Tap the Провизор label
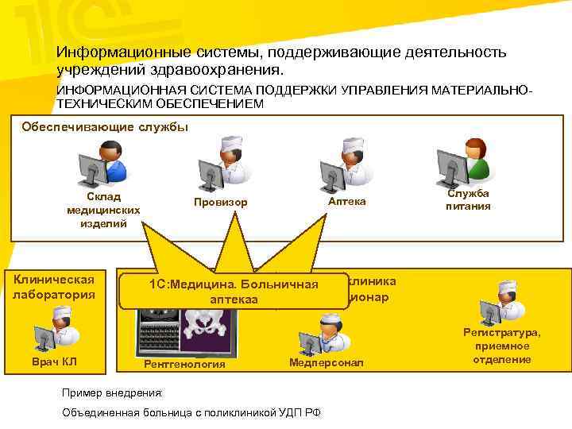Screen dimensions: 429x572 click(x=221, y=203)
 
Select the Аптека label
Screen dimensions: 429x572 click(x=346, y=202)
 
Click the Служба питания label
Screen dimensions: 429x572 click(x=469, y=200)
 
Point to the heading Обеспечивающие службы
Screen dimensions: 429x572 click(x=105, y=127)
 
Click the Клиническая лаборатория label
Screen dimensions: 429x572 click(x=54, y=287)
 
